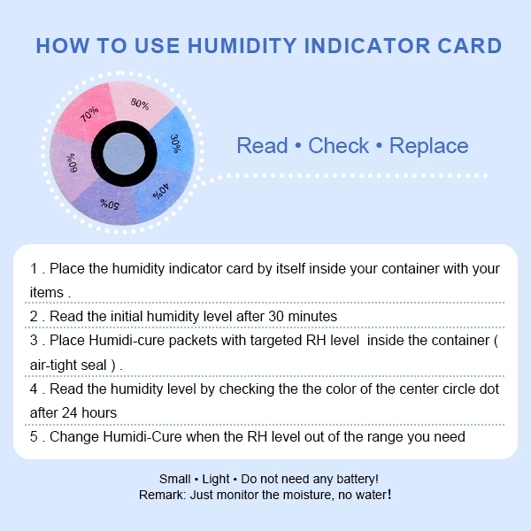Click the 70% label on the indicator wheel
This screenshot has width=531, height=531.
[88, 114]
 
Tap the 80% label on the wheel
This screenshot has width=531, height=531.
[140, 104]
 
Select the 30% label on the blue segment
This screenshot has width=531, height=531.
[175, 143]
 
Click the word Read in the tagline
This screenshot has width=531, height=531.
[263, 146]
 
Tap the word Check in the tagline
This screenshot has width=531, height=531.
[340, 146]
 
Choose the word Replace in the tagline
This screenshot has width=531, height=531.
[429, 146]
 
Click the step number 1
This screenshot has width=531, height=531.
[34, 269]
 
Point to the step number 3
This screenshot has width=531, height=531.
[34, 341]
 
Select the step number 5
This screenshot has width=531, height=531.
[34, 436]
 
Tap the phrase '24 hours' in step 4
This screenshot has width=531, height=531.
[88, 412]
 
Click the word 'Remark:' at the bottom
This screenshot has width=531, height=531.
[162, 495]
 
